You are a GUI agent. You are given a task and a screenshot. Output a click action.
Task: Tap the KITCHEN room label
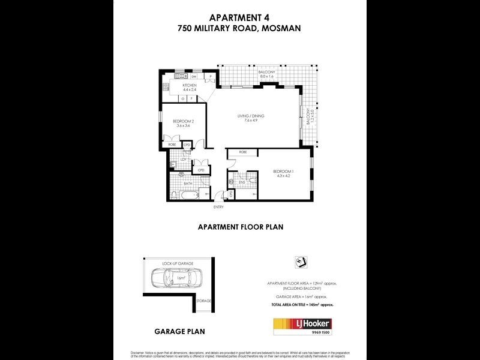[x=190, y=85]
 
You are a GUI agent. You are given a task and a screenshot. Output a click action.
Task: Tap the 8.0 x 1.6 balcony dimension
[x=266, y=77]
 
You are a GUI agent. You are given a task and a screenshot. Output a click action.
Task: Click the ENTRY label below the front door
[x=218, y=207]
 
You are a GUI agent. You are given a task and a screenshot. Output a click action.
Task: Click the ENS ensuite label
[x=242, y=181]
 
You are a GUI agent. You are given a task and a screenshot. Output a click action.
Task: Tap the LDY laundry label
[x=184, y=159]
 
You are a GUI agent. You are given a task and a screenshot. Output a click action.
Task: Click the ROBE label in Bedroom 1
[x=242, y=152]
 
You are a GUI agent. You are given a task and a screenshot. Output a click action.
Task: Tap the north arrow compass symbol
[x=301, y=262]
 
